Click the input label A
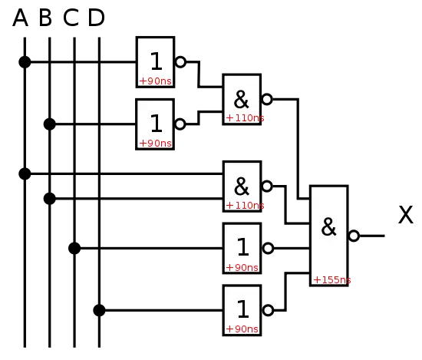tap(21, 18)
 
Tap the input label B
tap(45, 18)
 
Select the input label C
tap(71, 18)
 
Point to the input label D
tap(96, 18)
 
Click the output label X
tap(406, 215)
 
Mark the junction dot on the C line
tap(74, 248)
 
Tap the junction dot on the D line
tap(99, 310)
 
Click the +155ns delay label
tap(332, 280)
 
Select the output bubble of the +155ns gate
tap(354, 236)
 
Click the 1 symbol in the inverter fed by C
tap(242, 247)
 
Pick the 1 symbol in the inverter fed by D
tap(242, 309)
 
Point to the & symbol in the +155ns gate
tap(328, 227)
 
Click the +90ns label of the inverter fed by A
tap(156, 81)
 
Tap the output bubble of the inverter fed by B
tap(180, 124)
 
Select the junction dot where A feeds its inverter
tap(25, 62)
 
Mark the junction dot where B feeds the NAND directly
tap(50, 199)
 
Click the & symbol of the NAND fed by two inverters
tap(241, 99)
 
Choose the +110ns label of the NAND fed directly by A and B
tap(246, 206)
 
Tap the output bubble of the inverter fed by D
tap(268, 310)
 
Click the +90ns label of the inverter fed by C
tap(242, 268)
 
